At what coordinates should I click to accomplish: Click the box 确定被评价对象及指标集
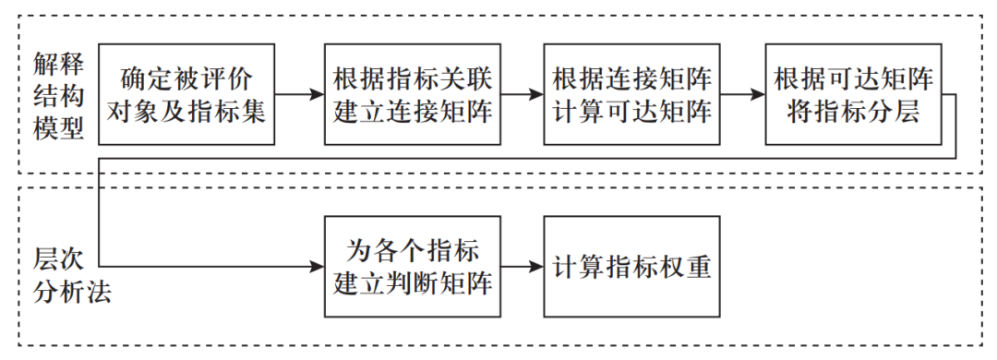coord(187,94)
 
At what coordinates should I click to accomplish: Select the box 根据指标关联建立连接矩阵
coord(412,94)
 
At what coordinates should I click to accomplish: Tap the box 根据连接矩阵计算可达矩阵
coord(632,94)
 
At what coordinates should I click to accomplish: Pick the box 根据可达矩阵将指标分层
coord(854,94)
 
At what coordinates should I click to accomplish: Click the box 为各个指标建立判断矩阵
coord(412,267)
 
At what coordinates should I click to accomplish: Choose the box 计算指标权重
coord(632,267)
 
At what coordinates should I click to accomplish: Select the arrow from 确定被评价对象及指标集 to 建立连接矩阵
coord(300,94)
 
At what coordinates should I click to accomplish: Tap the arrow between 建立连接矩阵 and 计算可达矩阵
coord(523,94)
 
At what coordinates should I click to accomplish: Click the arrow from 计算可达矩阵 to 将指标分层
coord(744,94)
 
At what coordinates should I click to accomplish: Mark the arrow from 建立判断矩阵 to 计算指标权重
coord(523,267)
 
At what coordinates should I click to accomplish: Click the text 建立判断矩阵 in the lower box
coord(412,283)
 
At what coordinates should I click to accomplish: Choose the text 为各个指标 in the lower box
coord(412,249)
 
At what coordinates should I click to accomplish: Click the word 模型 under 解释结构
coord(59,129)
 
